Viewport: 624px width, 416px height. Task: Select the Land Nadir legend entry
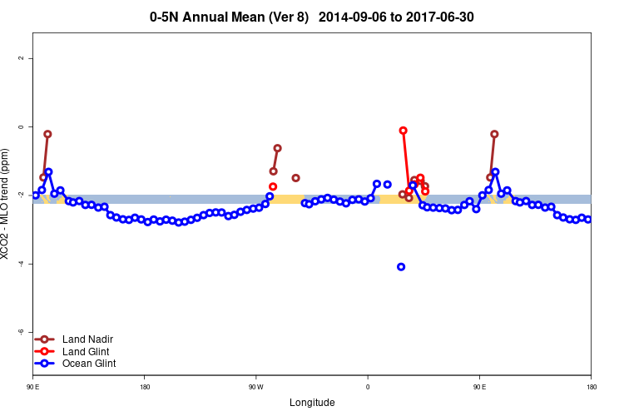click(87, 339)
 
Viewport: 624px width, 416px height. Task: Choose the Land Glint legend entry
click(87, 352)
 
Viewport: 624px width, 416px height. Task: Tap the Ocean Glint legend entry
click(89, 364)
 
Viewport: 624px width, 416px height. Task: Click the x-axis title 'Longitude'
click(312, 403)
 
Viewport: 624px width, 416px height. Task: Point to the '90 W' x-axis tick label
click(255, 387)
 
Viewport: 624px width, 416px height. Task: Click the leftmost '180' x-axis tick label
click(145, 387)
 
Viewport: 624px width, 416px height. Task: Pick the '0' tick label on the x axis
click(367, 387)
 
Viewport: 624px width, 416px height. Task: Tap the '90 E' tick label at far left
click(34, 387)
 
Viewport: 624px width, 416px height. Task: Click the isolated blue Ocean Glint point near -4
click(401, 267)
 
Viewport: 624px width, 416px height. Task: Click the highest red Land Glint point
click(404, 131)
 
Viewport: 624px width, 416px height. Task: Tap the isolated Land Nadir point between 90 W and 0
click(295, 178)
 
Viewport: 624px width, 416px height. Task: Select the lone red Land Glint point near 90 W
click(273, 186)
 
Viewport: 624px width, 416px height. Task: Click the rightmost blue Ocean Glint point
click(588, 220)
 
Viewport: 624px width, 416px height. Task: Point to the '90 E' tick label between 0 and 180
click(479, 387)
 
